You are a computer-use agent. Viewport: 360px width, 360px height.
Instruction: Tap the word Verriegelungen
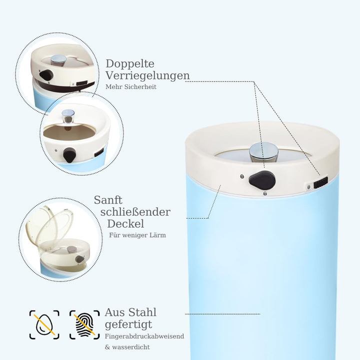(147, 75)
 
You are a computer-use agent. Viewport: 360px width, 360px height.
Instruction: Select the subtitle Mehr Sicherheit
(131, 87)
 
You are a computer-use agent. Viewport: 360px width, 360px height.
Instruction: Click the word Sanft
(108, 200)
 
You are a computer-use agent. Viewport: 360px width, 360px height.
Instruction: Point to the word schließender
(135, 212)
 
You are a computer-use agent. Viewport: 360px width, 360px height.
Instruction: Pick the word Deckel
(125, 224)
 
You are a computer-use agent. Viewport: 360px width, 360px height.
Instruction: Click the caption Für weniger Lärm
(137, 235)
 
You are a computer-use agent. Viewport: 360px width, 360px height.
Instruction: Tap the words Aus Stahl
(130, 312)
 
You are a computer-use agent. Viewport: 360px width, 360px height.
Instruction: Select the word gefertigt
(128, 324)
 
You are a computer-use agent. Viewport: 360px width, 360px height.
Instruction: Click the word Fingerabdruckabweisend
(144, 336)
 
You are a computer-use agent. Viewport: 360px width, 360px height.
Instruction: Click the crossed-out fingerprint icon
(84, 324)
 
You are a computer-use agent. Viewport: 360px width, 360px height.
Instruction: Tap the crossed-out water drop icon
(44, 324)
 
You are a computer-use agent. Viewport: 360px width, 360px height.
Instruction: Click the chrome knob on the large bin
(263, 152)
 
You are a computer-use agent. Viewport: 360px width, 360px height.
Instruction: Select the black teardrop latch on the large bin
(262, 180)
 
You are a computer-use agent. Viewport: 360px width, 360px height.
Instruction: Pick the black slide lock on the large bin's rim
(320, 183)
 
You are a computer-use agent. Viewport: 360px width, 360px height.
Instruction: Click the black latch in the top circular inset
(46, 75)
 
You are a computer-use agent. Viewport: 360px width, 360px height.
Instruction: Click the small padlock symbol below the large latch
(265, 193)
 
